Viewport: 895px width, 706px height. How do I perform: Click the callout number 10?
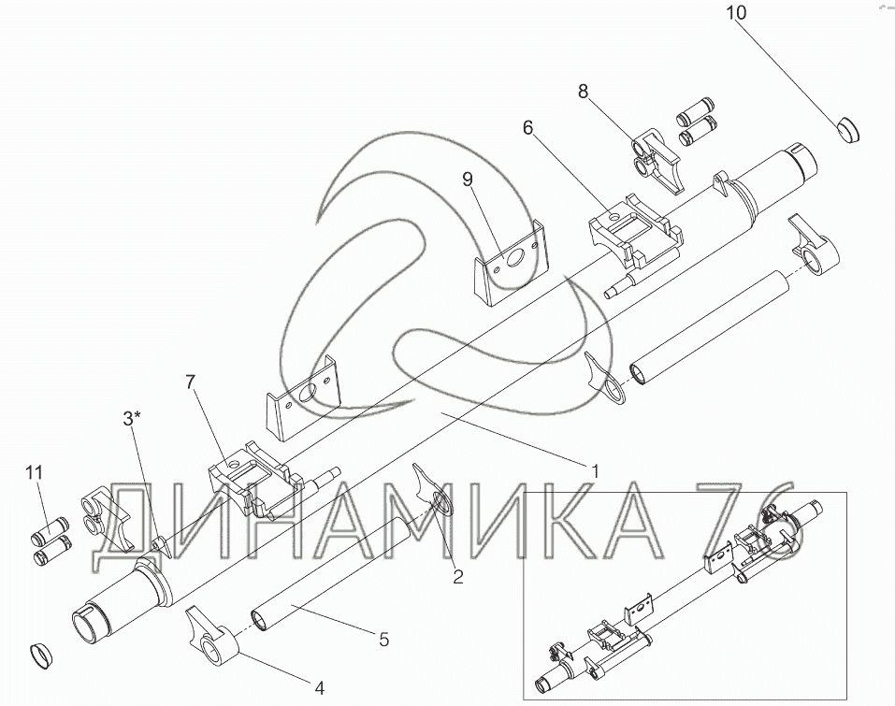point(736,12)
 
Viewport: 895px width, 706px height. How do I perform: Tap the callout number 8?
point(583,92)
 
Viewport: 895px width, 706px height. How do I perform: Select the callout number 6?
point(527,128)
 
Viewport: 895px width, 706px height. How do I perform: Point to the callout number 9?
point(468,180)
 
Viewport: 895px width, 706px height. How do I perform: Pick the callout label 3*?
point(132,418)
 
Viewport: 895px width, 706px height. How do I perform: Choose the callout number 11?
point(35,472)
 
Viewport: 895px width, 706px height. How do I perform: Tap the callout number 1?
point(595,471)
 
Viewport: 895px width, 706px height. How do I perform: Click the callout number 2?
point(457,577)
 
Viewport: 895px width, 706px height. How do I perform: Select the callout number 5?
point(384,640)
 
